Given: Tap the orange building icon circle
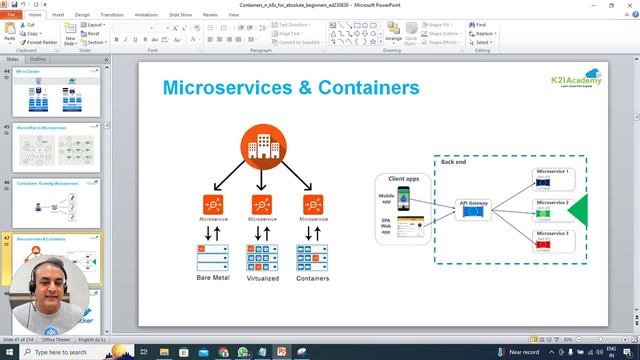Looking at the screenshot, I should click(x=261, y=148).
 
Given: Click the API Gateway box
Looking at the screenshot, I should click(x=472, y=207).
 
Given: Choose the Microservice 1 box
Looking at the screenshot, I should click(x=552, y=176).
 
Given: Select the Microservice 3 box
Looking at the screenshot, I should click(x=552, y=238).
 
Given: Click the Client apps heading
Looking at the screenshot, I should click(x=403, y=179).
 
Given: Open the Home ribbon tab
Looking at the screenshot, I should click(x=36, y=15).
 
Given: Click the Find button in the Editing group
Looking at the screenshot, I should click(x=480, y=25).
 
